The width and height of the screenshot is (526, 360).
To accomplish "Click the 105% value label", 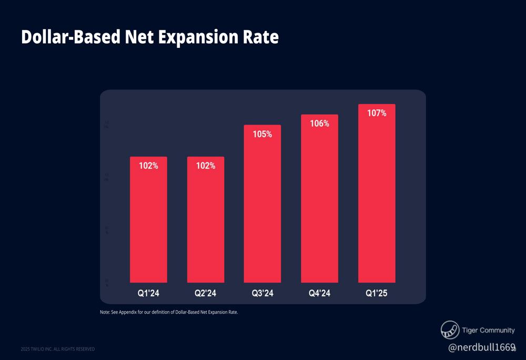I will coord(262,134).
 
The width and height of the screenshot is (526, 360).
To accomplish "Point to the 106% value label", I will coord(319,124).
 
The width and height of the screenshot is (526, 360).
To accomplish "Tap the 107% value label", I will coord(377,113).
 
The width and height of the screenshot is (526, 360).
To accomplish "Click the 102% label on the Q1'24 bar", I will coord(148,166).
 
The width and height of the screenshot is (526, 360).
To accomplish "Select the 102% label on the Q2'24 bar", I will coord(206,166).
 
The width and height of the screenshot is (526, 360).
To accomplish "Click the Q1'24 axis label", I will coord(148,293).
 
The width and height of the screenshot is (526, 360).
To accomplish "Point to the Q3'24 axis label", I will coord(262,293).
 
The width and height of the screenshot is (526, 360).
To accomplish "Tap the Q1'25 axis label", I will coord(377,293).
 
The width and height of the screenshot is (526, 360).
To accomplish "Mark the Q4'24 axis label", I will coord(319,293).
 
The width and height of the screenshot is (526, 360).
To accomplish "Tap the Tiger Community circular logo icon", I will coord(450,330).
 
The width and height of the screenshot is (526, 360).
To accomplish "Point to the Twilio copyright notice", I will coord(58,349).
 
